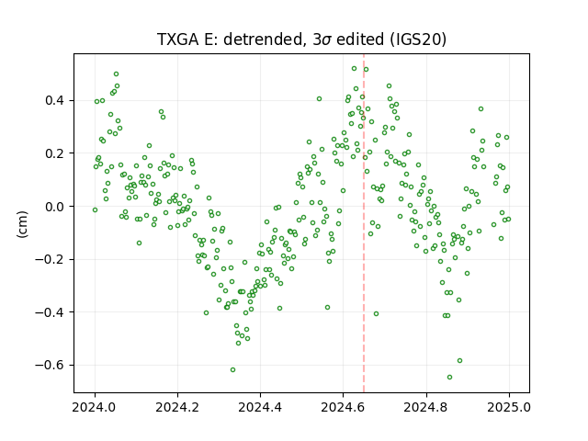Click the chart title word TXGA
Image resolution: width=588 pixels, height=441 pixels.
tap(178, 40)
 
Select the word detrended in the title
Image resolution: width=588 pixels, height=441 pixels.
tap(263, 40)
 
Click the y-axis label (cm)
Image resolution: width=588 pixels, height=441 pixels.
tap(22, 224)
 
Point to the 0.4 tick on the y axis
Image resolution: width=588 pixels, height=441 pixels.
tap(55, 100)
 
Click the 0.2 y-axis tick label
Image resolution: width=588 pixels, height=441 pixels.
tap(55, 153)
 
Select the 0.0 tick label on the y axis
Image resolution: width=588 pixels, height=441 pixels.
tap(55, 207)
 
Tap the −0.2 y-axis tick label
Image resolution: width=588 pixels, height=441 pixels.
tap(51, 259)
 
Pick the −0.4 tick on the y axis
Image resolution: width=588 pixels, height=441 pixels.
tap(51, 312)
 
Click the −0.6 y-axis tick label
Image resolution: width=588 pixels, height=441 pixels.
tap(51, 366)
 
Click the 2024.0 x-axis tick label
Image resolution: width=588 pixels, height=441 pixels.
tap(95, 407)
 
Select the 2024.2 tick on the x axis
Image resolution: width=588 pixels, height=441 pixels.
tap(177, 407)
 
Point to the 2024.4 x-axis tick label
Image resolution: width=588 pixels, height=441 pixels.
tap(260, 407)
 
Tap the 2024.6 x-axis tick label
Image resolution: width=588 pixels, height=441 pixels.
tap(343, 407)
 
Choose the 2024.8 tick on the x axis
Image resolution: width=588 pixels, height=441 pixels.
tap(426, 407)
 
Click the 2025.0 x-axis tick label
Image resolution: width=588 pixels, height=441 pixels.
tap(509, 407)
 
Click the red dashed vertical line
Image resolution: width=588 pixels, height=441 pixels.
tap(364, 223)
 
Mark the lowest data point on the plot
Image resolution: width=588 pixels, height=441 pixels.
tap(449, 377)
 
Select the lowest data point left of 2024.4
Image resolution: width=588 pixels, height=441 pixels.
tap(232, 369)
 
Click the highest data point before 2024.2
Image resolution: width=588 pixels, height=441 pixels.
tap(117, 73)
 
